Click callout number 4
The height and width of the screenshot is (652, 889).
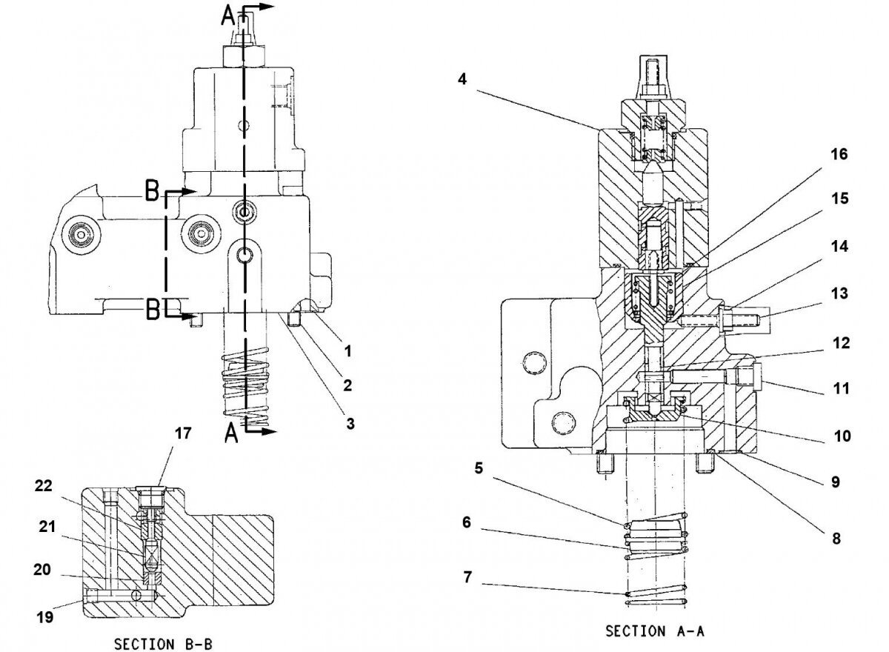(462, 79)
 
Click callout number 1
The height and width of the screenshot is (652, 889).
(347, 351)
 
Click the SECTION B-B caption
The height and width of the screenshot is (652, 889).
(163, 644)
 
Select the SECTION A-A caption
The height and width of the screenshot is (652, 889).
(654, 631)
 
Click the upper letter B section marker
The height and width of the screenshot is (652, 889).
(151, 193)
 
